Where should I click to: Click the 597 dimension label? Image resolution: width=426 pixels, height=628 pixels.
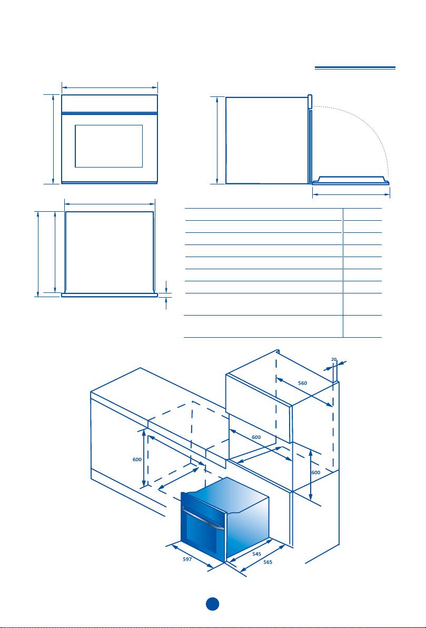(x=187, y=559)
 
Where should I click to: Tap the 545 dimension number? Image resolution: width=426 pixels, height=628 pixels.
(x=257, y=554)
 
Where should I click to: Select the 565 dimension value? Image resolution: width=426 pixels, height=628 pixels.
(x=268, y=562)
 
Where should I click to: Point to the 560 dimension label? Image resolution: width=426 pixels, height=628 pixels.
(x=303, y=383)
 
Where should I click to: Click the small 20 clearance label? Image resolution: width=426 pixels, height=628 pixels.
(x=334, y=359)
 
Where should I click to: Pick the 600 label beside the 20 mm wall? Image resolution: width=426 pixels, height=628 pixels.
(x=316, y=473)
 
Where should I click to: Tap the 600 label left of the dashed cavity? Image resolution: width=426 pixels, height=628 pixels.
(x=137, y=460)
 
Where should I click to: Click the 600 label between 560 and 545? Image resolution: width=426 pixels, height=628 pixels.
(x=256, y=437)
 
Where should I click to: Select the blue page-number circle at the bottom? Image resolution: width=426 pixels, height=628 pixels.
(x=213, y=604)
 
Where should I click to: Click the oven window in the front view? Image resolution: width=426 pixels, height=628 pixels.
(x=109, y=146)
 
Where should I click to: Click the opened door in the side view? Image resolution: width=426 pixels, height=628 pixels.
(x=351, y=181)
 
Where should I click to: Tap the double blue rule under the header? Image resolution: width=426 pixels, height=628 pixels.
(x=355, y=67)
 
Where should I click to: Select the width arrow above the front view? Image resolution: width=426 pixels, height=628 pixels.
(x=110, y=87)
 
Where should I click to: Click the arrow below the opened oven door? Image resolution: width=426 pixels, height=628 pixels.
(x=351, y=194)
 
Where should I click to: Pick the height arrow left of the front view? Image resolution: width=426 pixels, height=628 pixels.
(x=53, y=140)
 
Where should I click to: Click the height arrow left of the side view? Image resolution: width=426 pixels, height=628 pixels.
(x=217, y=140)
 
